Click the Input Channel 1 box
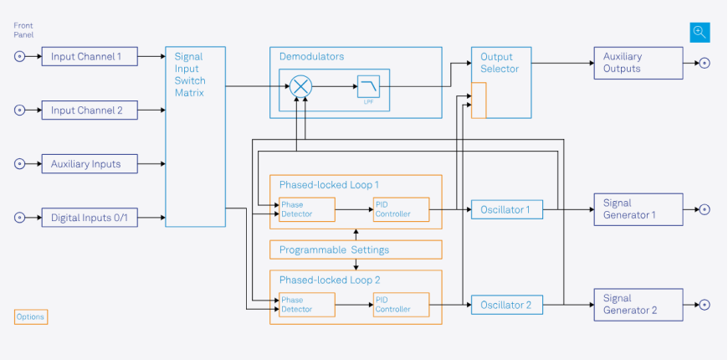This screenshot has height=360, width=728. tap(90, 57)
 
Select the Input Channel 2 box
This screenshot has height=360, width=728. tap(90, 111)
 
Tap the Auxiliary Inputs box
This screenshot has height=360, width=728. tap(90, 164)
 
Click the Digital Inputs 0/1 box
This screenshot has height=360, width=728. tap(90, 218)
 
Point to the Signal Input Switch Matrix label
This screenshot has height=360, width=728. tap(190, 75)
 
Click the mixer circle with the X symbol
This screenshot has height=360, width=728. tap(300, 85)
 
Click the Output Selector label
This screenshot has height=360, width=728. tap(500, 63)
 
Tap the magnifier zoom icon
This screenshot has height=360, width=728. tap(700, 33)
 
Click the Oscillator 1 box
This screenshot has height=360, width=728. tap(506, 209)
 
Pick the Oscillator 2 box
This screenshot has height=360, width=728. tap(506, 305)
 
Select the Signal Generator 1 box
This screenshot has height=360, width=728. tap(638, 209)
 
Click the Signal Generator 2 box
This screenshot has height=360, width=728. tap(638, 304)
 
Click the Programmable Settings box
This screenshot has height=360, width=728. tap(356, 249)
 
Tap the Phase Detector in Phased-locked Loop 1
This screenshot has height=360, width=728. tap(306, 209)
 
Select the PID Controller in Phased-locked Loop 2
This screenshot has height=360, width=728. tap(401, 305)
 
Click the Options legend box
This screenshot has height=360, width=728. tap(31, 317)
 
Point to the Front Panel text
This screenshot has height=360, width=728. tap(23, 30)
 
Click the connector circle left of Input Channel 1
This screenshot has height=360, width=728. tap(20, 57)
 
